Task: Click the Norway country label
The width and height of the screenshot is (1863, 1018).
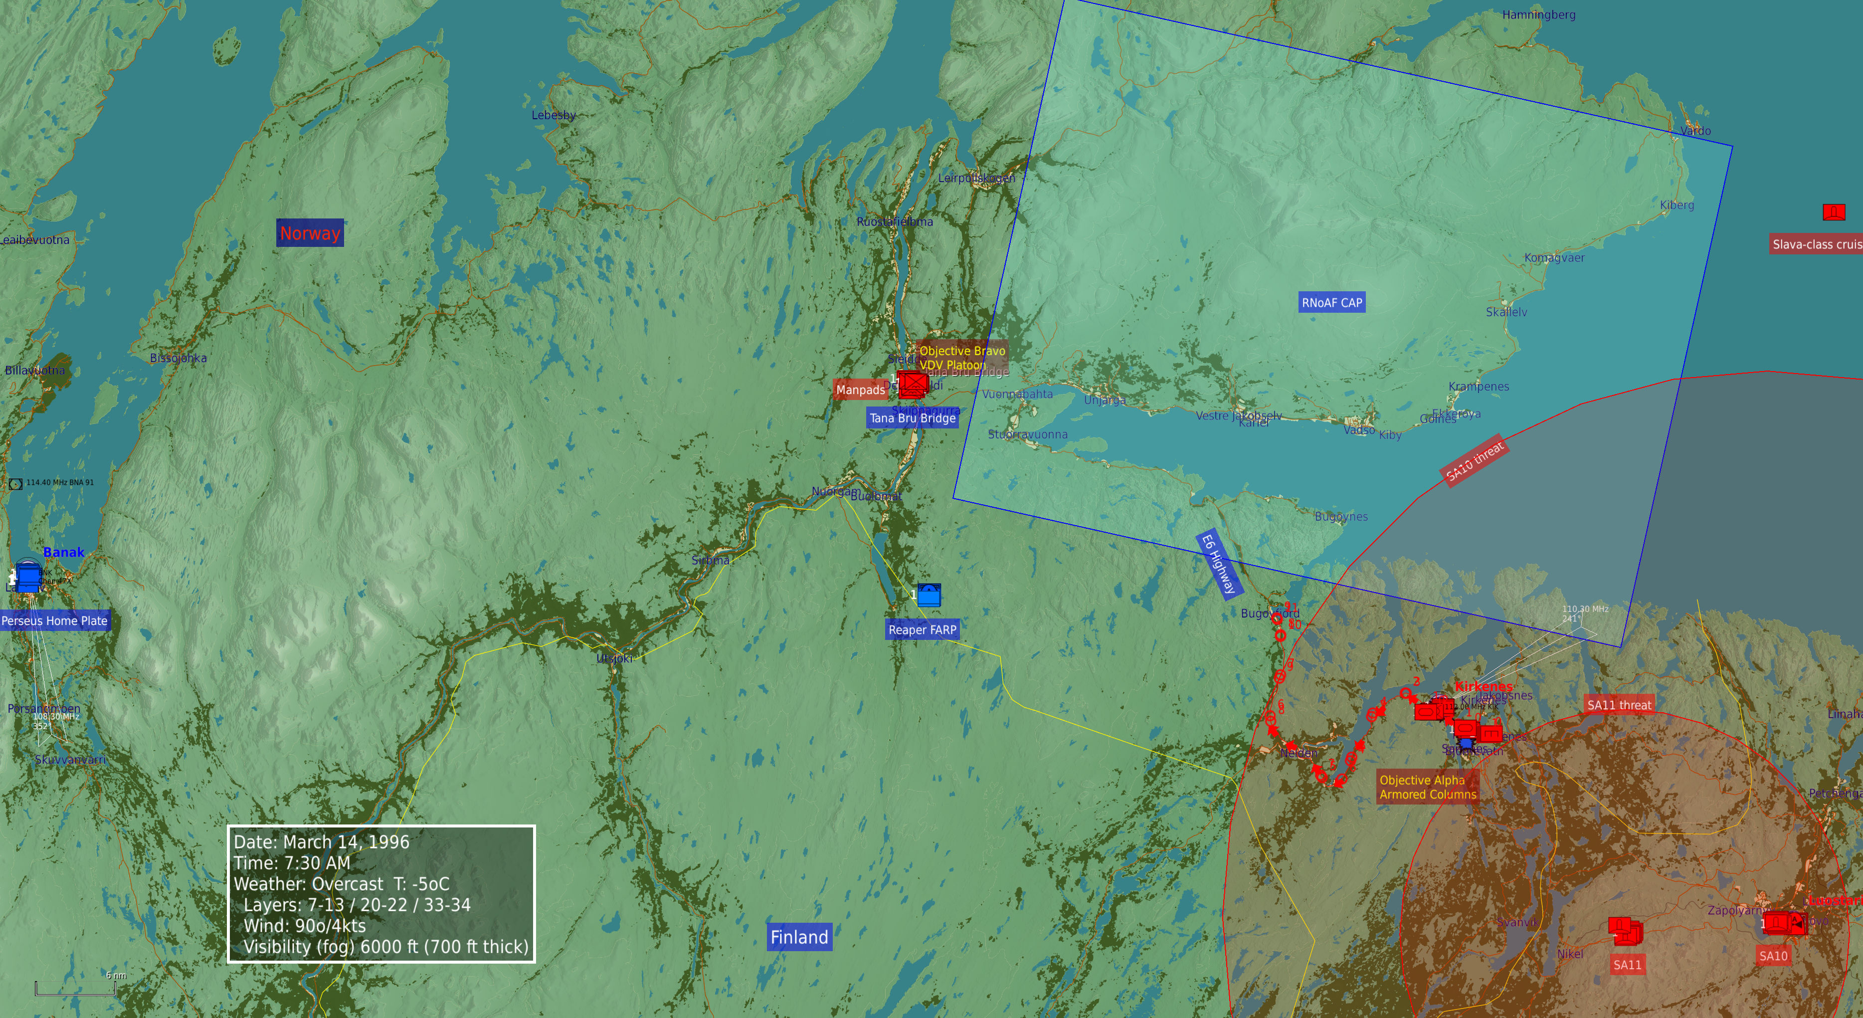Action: (x=310, y=233)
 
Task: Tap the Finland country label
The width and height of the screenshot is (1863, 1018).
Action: (x=799, y=937)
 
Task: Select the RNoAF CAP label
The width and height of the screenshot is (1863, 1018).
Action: (x=1331, y=302)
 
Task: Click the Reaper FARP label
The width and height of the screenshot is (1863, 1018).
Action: (x=922, y=629)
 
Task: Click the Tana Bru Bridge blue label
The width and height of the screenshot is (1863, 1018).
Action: (x=912, y=417)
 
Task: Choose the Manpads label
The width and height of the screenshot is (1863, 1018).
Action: (x=860, y=389)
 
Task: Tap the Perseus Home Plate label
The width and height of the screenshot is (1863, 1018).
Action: (x=54, y=620)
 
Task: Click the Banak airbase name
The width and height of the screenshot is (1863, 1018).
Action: (x=64, y=552)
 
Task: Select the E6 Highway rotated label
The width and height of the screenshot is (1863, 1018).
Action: (x=1219, y=564)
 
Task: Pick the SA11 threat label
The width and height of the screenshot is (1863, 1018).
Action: (x=1619, y=704)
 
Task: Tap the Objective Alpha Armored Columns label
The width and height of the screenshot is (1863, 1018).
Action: (x=1427, y=787)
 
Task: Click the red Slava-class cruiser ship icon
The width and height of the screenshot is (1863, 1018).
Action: (x=1834, y=212)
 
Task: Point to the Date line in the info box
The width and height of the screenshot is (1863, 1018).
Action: (x=321, y=841)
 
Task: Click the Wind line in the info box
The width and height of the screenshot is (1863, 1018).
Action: (x=305, y=925)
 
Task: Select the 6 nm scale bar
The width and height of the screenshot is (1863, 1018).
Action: (x=75, y=989)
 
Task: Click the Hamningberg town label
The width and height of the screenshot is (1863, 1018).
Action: (x=1538, y=14)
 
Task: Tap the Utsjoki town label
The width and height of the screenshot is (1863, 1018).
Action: (x=614, y=658)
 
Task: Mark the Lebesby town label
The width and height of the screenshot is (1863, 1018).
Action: (x=553, y=115)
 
